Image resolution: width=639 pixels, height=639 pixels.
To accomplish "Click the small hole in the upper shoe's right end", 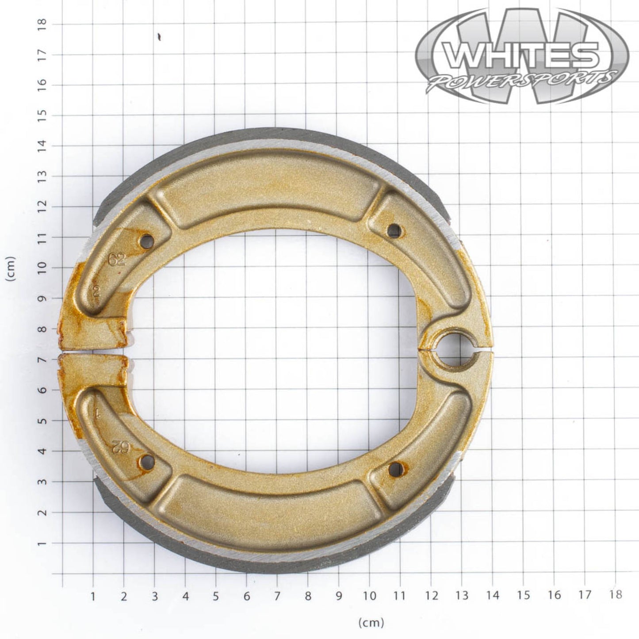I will click(394, 230).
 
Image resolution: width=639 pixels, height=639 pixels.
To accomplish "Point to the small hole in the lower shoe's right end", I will click(396, 470).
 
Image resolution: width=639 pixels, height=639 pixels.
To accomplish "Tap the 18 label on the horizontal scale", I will click(616, 595).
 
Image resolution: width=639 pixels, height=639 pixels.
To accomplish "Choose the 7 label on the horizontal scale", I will click(277, 596).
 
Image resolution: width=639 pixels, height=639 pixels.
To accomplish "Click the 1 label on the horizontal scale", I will click(93, 596).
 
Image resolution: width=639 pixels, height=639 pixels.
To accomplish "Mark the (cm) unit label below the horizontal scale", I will click(371, 623).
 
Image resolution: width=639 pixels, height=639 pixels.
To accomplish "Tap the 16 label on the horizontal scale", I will click(554, 595).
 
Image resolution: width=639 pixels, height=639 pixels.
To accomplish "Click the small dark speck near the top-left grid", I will click(159, 37).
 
